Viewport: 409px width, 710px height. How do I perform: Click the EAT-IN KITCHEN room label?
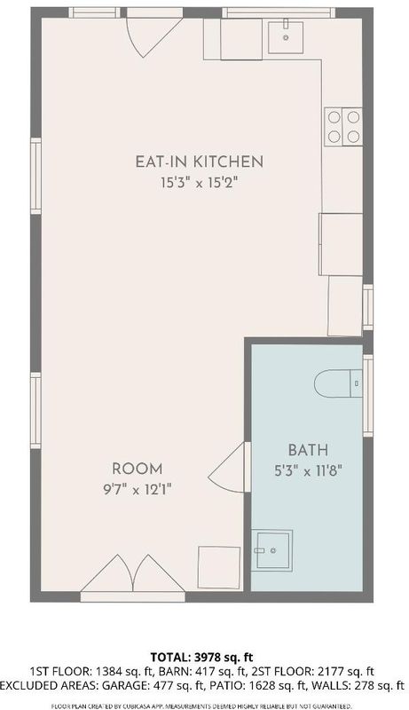199,162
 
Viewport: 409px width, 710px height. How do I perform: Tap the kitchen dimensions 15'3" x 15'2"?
199,183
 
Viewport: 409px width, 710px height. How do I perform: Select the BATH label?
308,450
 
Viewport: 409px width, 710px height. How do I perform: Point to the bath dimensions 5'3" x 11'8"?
307,471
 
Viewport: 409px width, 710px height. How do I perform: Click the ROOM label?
138,469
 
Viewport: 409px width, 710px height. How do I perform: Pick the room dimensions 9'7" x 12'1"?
138,490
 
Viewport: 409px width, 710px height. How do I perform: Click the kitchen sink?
286,37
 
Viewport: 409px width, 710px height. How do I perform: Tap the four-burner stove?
343,127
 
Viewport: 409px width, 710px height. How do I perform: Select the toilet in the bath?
338,383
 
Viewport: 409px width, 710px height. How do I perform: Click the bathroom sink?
271,550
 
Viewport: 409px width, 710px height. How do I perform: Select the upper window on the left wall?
35,176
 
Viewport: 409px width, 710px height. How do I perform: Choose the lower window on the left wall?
35,410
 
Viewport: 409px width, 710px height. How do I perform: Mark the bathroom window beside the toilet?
368,396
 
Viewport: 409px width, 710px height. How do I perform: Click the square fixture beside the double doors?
219,568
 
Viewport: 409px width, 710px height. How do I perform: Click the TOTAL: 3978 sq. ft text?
201,657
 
